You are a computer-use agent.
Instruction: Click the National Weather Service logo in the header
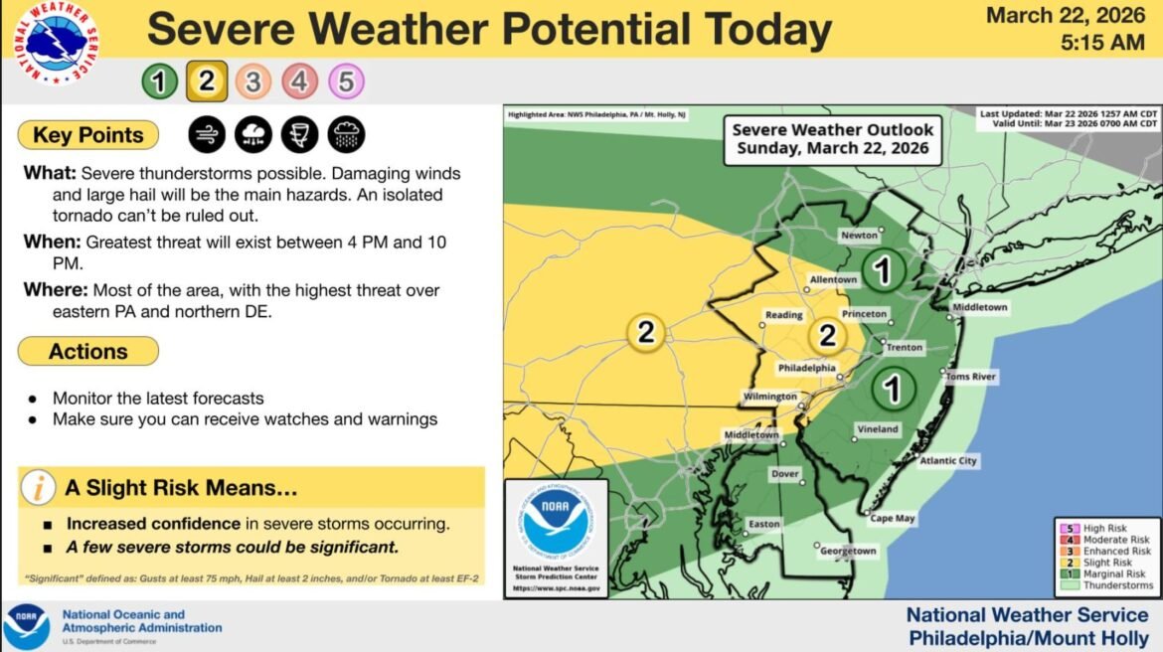[56, 42]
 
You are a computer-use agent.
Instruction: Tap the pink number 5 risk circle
[346, 81]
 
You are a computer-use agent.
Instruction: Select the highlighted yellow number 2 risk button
[207, 81]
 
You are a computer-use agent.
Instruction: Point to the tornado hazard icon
[299, 135]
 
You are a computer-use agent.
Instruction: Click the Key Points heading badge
[88, 135]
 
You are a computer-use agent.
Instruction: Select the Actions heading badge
[88, 351]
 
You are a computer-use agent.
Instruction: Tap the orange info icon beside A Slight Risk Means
[39, 488]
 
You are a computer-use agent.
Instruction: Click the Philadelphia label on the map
[806, 368]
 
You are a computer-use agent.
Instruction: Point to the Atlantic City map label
[947, 460]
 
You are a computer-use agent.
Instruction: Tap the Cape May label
[893, 518]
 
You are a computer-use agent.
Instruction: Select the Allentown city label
[831, 280]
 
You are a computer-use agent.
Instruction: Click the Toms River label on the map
[970, 377]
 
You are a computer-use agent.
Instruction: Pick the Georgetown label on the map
[848, 551]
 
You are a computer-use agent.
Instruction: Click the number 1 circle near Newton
[882, 269]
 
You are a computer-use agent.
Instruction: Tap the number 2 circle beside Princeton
[827, 335]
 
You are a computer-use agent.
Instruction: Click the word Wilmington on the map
[770, 397]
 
